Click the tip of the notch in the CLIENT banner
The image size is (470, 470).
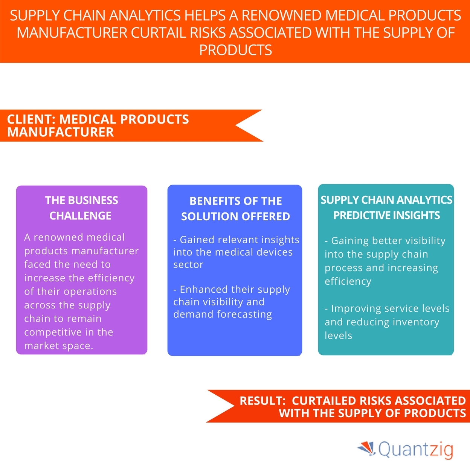point(236,125)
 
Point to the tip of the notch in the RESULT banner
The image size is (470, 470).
point(234,406)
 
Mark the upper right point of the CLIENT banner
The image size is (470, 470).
point(262,110)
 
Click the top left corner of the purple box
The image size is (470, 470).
point(16,186)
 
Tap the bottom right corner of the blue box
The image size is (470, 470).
point(302,356)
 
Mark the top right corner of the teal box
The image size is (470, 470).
point(454,185)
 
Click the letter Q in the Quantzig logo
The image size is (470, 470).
point(385,449)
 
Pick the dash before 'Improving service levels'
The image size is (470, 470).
point(327,309)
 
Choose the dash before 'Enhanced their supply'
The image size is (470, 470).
point(175,290)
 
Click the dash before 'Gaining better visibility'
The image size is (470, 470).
point(327,241)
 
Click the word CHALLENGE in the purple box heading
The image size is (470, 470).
point(81,216)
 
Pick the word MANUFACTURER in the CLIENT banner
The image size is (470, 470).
point(61,132)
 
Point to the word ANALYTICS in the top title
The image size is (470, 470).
point(145,15)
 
